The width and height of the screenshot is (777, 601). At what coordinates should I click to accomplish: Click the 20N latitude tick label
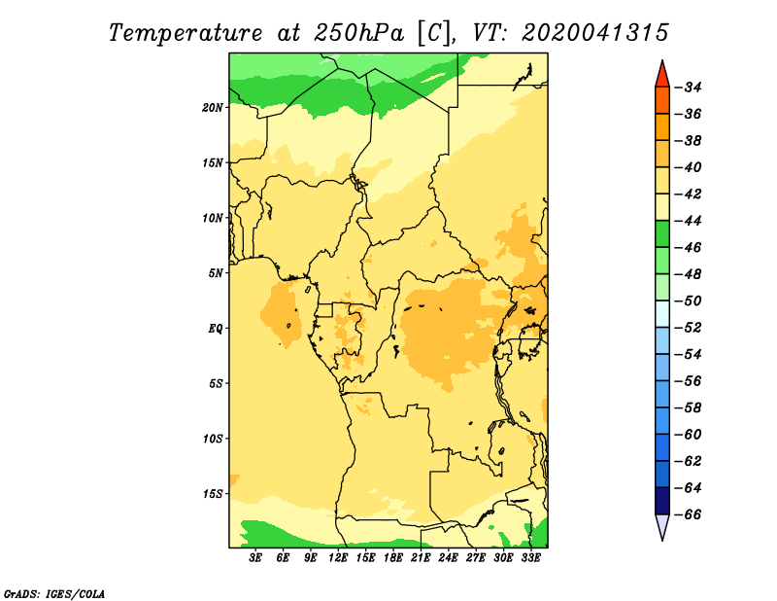coord(213,108)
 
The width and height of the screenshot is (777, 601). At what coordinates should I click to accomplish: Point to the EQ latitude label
coord(216,329)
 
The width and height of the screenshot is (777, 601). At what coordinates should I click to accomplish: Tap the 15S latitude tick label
coord(213,494)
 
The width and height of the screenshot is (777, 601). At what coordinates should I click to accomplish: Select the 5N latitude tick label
coord(216,273)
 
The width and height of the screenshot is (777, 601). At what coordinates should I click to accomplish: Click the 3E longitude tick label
coord(255,558)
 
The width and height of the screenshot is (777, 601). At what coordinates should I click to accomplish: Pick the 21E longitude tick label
coord(421,558)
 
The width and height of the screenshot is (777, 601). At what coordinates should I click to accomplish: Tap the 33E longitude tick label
coord(530,558)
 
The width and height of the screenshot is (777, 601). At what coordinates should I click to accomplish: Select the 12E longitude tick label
coord(338,558)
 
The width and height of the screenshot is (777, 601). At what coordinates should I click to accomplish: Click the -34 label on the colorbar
coord(689,88)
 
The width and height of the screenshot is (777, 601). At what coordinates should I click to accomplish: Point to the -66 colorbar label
coord(689,514)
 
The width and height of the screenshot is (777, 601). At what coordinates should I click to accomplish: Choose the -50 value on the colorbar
coord(689,301)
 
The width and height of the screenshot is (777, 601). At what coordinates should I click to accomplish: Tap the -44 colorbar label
coord(689,221)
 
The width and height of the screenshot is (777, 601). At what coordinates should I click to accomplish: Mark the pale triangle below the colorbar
coord(662,525)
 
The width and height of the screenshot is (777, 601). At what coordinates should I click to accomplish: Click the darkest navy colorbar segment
coord(662,501)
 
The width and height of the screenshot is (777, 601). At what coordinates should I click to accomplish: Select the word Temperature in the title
coord(186,33)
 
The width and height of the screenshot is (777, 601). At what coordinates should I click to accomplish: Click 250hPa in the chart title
coord(359,33)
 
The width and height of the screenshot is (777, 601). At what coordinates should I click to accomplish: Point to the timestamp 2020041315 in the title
coord(595,33)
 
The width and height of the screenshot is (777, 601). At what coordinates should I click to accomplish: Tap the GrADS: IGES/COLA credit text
coord(54,594)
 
